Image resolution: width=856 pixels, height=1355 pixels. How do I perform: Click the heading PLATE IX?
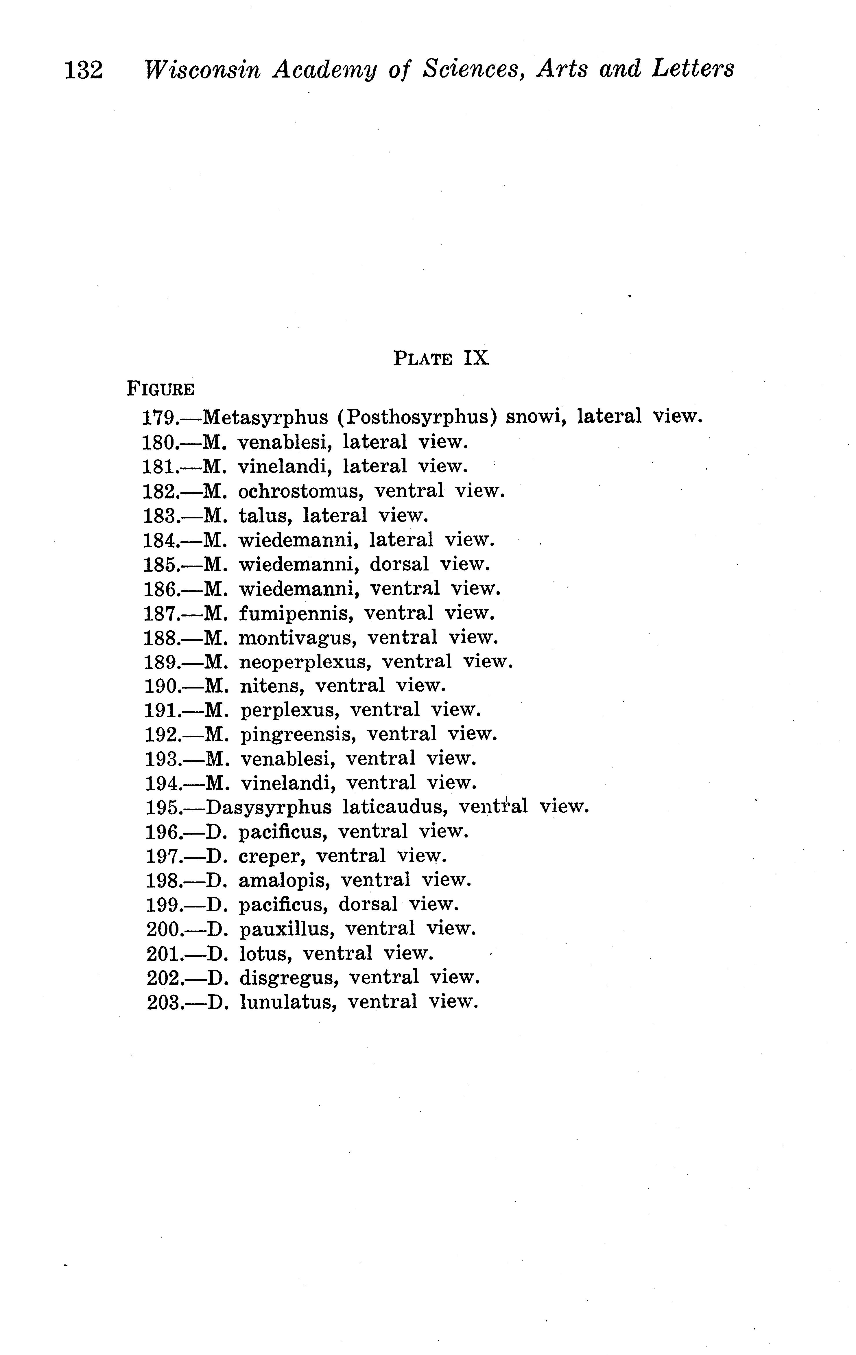441,358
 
